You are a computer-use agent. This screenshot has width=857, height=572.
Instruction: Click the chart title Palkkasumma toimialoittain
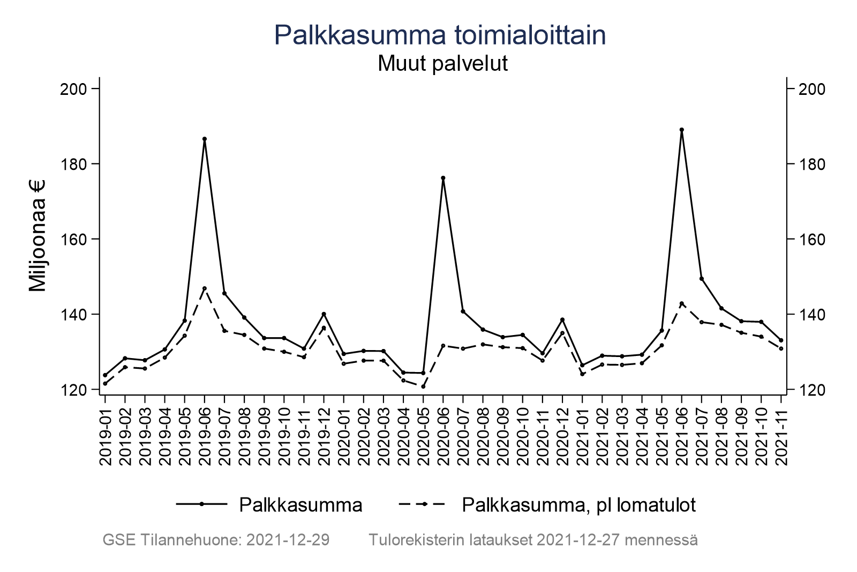pos(440,35)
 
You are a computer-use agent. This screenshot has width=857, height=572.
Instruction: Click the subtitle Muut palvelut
pos(442,64)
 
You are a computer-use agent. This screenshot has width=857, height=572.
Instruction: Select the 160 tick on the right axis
pos(810,239)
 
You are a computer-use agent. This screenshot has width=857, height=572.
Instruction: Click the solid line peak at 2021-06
pos(681,130)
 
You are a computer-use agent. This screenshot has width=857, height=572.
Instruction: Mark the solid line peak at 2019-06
pos(205,139)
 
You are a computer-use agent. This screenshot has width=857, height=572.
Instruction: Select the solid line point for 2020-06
pos(443,178)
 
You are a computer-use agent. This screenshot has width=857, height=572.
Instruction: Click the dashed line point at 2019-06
pos(205,288)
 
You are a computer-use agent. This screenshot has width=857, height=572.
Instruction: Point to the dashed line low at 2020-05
pos(423,387)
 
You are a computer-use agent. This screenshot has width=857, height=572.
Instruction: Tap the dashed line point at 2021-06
pos(681,303)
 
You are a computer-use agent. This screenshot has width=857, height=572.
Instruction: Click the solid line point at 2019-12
pos(324,314)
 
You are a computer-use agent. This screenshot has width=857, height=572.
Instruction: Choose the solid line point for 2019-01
pos(105,375)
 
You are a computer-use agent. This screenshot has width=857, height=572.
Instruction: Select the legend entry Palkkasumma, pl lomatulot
pos(578,505)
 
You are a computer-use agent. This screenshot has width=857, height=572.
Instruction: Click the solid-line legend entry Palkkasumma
pos(300,505)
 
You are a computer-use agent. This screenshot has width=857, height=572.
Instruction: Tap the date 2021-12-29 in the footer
pos(288,540)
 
